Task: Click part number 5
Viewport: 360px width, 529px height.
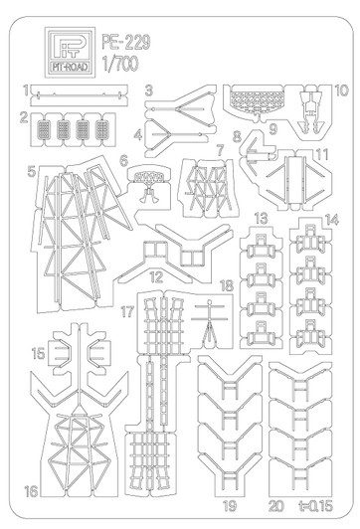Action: click(x=33, y=171)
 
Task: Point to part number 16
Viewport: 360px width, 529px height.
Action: click(x=33, y=491)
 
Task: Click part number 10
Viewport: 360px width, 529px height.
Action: click(x=340, y=90)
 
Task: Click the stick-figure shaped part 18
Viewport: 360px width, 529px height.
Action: click(x=210, y=320)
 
